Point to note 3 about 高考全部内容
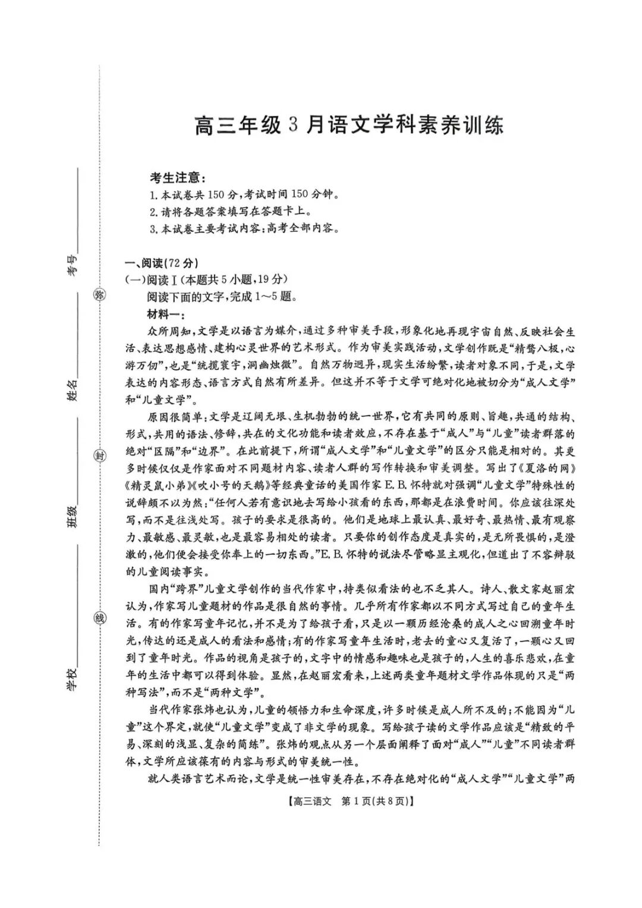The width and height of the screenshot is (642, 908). [244, 228]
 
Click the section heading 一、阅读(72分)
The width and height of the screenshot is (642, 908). [161, 263]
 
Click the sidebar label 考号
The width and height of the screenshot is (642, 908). [72, 266]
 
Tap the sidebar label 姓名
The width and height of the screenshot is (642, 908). [72, 390]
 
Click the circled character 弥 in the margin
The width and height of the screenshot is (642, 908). [100, 295]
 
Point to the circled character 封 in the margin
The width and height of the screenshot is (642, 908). [100, 456]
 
